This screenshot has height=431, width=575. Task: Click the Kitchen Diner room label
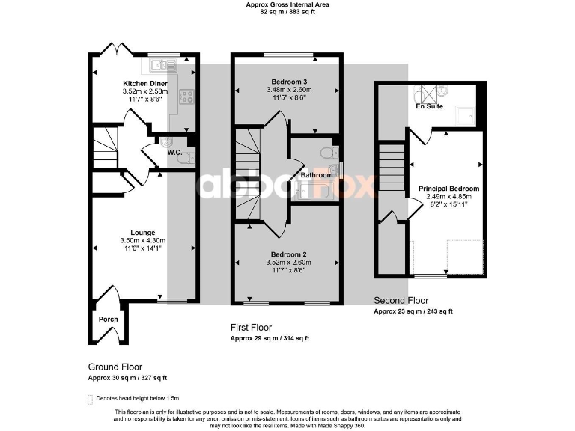144,83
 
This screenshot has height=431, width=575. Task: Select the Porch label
109,319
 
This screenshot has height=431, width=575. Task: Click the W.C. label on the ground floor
174,152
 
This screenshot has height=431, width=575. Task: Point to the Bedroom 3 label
288,81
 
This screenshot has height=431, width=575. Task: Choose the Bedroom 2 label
288,254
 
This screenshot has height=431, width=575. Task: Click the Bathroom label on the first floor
315,175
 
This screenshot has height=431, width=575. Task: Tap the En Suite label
429,106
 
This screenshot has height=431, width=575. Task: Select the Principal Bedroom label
448,189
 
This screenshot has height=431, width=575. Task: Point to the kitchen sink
162,64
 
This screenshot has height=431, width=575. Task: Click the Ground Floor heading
115,367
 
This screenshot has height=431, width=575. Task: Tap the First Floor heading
251,328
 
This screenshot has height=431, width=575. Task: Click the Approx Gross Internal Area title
287,4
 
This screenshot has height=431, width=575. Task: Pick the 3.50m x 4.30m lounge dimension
141,240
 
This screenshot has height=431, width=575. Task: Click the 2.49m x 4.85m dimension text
448,196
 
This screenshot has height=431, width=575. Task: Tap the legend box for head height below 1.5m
91,399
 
